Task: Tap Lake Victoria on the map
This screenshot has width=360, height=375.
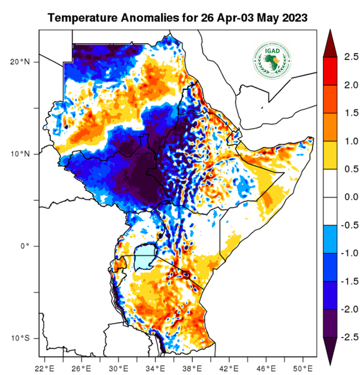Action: click(x=145, y=258)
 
